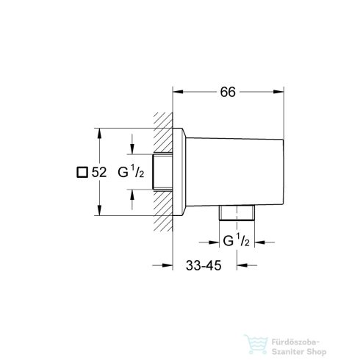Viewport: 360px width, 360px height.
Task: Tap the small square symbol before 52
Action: pos(82,173)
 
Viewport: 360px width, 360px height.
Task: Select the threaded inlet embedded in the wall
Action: pos(164,173)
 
